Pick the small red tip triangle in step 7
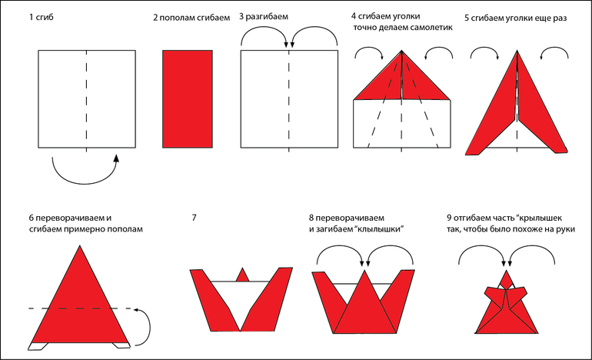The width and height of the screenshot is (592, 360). [243, 275]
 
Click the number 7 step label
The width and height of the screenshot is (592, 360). [195, 218]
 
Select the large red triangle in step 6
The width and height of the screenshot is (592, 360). [80, 300]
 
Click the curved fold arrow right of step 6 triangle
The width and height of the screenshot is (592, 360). [144, 325]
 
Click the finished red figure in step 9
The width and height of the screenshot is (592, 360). [507, 306]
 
